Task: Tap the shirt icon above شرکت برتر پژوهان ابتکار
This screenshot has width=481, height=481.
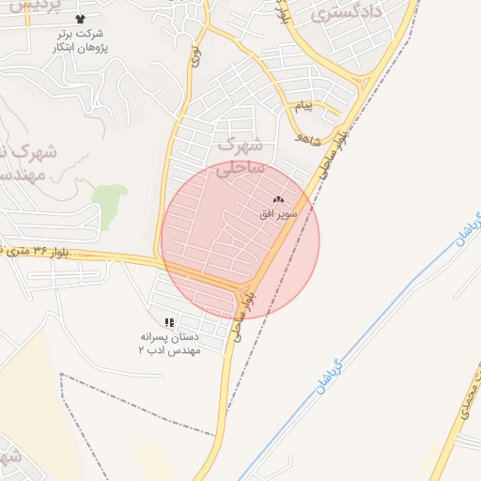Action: tap(79, 19)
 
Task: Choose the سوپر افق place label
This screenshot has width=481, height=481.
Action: tap(278, 214)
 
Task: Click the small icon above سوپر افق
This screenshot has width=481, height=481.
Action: tap(278, 199)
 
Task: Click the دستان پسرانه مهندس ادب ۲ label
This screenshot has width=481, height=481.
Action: tap(169, 342)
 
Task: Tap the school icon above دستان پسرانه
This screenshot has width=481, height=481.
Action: tap(169, 322)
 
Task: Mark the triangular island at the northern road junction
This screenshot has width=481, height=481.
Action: tap(364, 85)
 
